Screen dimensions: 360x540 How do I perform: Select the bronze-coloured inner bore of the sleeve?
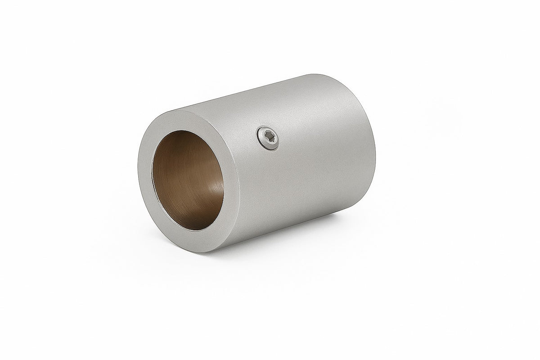pyautogui.click(x=189, y=180)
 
